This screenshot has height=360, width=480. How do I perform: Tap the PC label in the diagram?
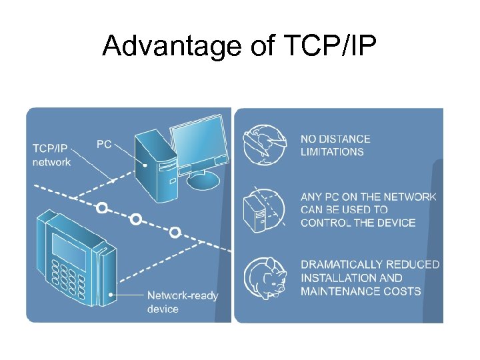(x=104, y=144)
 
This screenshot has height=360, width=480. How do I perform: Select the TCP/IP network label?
(x=51, y=155)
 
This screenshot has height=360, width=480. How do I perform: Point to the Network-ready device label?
(x=182, y=302)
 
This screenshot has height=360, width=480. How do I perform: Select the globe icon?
(x=264, y=145)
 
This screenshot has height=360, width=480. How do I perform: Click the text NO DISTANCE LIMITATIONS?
(x=335, y=145)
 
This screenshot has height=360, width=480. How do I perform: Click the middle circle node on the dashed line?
(x=136, y=218)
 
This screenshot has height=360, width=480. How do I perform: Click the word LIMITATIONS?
(x=332, y=152)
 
